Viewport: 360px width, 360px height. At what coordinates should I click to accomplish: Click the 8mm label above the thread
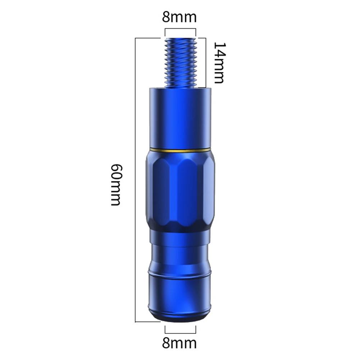click(179, 17)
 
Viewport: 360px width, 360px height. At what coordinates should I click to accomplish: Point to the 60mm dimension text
click(116, 184)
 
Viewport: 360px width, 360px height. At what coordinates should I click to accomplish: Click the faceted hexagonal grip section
click(180, 189)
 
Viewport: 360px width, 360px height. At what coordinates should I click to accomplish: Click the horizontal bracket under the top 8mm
click(180, 29)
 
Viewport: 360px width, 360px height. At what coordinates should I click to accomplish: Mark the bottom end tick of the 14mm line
click(201, 87)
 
